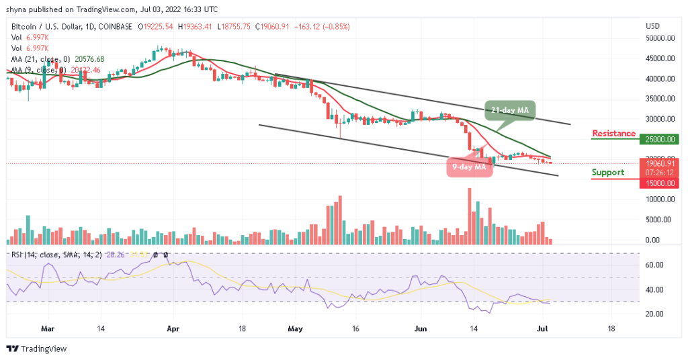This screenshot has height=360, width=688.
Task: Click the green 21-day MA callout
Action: [x=509, y=111]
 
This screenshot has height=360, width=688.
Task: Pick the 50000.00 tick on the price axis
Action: [x=660, y=38]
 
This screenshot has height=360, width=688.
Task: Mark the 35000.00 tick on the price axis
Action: [x=660, y=99]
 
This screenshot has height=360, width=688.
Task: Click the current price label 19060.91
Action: [x=661, y=163]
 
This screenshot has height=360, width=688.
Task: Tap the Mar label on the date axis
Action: [x=47, y=330]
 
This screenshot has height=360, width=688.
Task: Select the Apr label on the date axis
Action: [x=173, y=330]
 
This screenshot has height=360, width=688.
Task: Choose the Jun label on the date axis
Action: [x=421, y=330]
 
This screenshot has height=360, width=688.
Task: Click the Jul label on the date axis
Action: [x=550, y=330]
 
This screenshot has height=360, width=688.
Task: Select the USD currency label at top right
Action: [x=652, y=26]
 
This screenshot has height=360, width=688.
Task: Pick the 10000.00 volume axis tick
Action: [x=660, y=199]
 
